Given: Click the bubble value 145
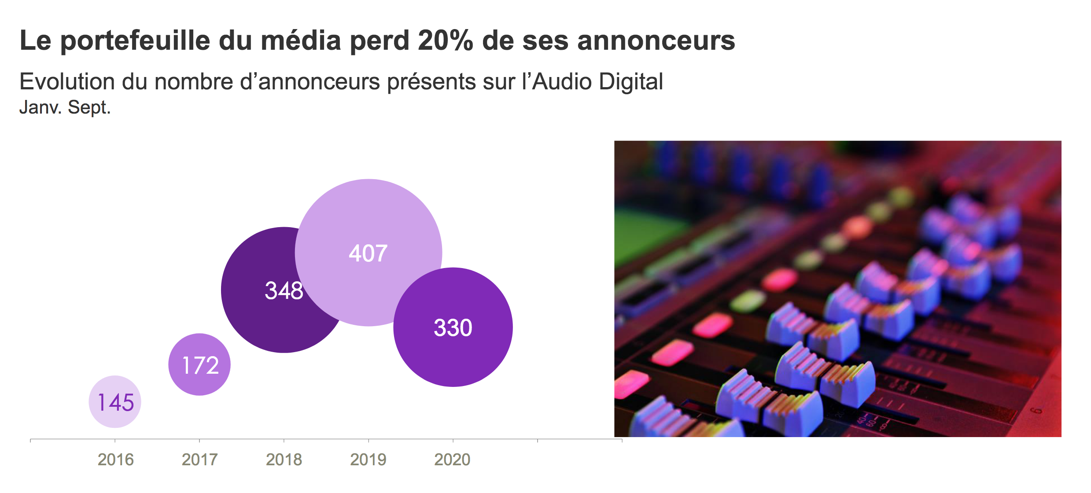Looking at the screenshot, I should coord(115,402).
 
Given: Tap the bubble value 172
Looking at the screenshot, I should coord(200,365).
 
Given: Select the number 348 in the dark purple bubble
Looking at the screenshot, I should coord(284,291).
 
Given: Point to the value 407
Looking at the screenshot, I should coord(368,253).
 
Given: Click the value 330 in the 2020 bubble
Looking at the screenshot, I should coord(453,327).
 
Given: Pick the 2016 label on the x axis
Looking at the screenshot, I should coord(115,460).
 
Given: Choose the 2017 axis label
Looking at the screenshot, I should coord(199,460).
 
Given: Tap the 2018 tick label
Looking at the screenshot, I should coord(284,460).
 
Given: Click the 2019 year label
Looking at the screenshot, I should coord(368,460).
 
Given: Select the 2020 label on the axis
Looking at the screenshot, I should coord(452,460).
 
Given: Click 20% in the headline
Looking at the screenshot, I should coord(445,40).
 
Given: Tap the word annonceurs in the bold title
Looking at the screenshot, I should coord(656,40).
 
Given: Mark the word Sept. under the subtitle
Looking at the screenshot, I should coord(89,107).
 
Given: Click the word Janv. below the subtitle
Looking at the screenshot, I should coord(40,107).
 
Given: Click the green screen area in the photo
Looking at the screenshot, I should coord(643,233).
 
